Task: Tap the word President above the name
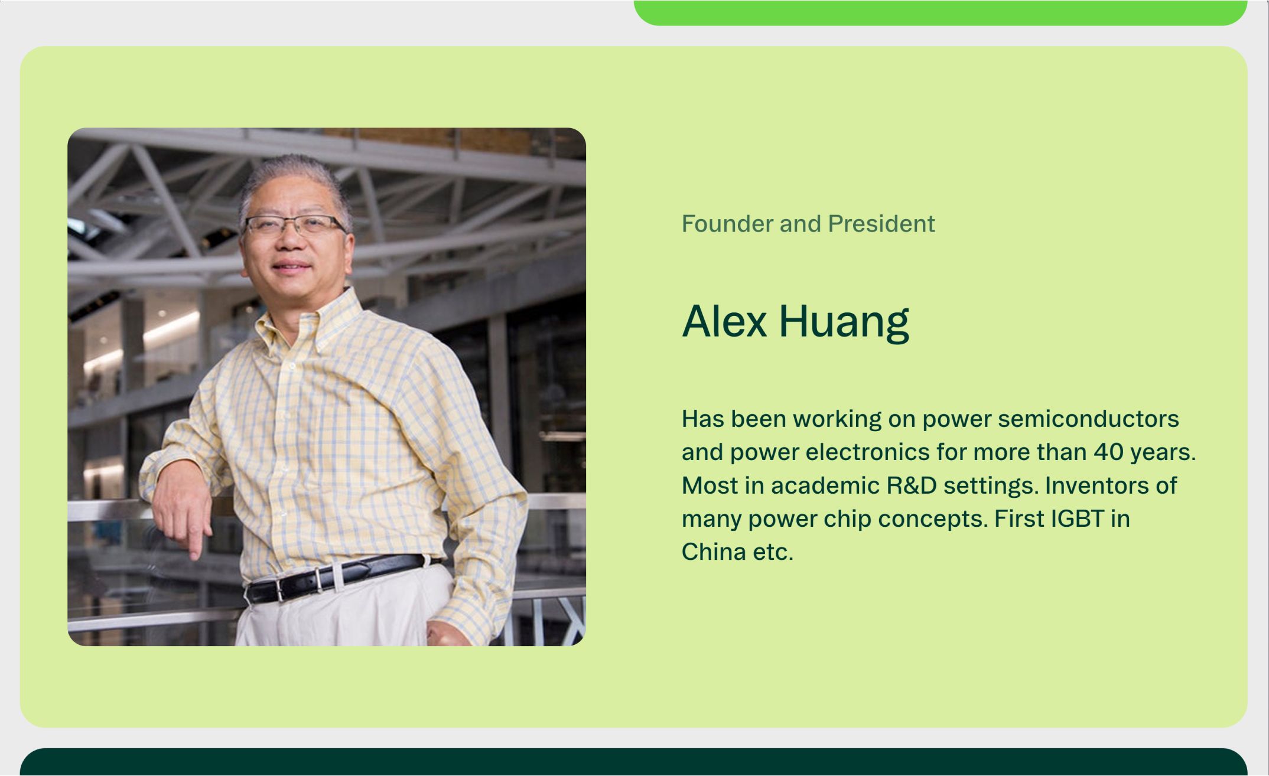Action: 881,224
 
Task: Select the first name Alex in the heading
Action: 724,321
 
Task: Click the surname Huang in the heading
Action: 844,322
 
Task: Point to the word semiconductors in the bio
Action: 1088,419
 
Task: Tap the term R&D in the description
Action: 912,485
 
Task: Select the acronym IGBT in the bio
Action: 1077,519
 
